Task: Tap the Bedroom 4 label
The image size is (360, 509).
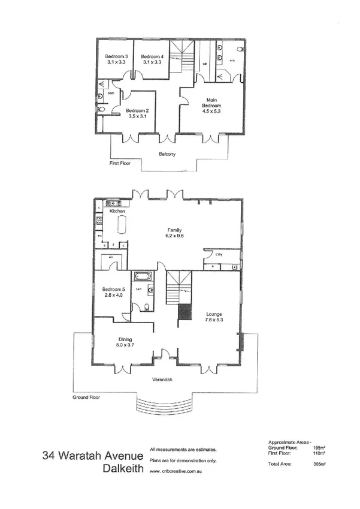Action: pos(152,59)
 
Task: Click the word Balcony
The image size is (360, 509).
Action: pos(167,155)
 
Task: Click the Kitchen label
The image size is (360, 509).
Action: pos(117,212)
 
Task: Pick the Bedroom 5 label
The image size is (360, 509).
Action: pos(113,291)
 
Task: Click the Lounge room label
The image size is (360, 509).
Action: pos(214,316)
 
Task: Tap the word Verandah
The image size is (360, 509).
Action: pos(163,380)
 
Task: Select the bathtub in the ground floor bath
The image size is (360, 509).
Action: pos(144,277)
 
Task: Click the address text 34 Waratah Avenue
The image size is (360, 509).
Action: pos(93,455)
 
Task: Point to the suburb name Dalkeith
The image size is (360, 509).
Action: pos(123,469)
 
